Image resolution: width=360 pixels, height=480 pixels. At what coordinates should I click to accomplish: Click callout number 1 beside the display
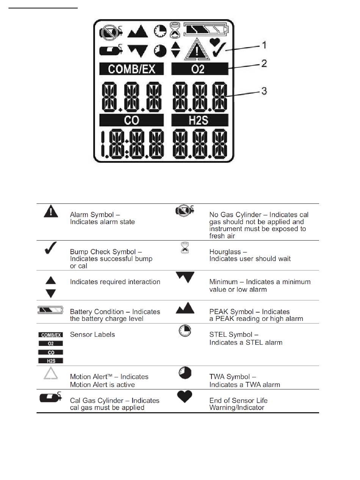pos(264,45)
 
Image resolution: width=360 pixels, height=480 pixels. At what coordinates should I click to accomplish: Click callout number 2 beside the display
pos(264,63)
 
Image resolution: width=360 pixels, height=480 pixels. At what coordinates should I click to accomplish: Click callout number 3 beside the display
pos(264,91)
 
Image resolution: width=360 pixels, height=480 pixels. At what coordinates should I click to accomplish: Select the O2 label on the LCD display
pos(200,69)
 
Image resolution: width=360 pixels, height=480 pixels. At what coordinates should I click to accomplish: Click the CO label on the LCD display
pos(131,120)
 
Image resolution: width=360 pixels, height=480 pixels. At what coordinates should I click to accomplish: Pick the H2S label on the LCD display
pos(200,120)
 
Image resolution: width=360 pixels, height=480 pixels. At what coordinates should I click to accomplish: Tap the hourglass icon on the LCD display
pos(175,30)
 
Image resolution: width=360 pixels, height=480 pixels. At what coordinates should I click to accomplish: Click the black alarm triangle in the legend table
pos(51,211)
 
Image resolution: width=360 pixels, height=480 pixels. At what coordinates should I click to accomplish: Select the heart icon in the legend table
pos(185,397)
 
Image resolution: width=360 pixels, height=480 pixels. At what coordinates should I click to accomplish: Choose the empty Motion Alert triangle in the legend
pos(51,374)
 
